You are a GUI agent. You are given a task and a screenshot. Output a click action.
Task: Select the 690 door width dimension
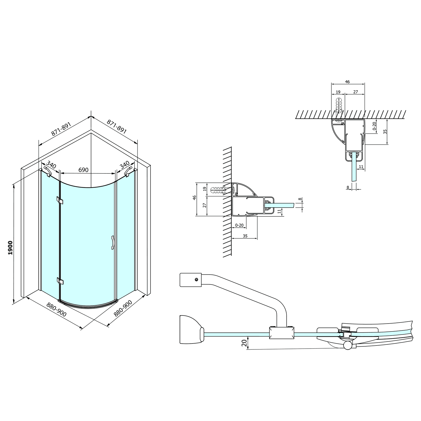click(x=83, y=170)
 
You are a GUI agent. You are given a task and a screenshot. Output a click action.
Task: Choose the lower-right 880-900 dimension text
click(x=123, y=309)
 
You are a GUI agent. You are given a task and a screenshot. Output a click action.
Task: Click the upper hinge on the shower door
click(x=60, y=200)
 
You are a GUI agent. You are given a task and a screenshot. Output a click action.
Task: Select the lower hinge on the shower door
click(x=60, y=281)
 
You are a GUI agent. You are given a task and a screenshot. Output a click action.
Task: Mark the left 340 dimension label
click(x=51, y=164)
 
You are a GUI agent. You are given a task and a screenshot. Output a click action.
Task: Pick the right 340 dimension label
click(x=124, y=165)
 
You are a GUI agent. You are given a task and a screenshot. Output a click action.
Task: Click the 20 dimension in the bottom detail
click(x=244, y=343)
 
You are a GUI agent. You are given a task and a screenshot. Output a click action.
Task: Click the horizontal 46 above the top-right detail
click(x=347, y=82)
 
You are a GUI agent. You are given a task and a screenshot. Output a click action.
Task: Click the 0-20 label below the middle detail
click(x=239, y=225)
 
